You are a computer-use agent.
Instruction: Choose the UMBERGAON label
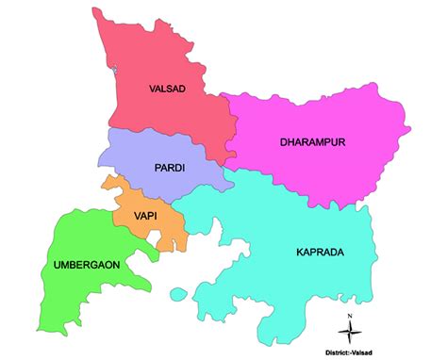[x=86, y=265]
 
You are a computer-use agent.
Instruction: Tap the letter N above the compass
[x=350, y=316]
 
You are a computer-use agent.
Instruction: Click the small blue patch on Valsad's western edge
[x=112, y=69]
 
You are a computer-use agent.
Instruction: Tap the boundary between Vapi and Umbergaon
[x=115, y=219]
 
